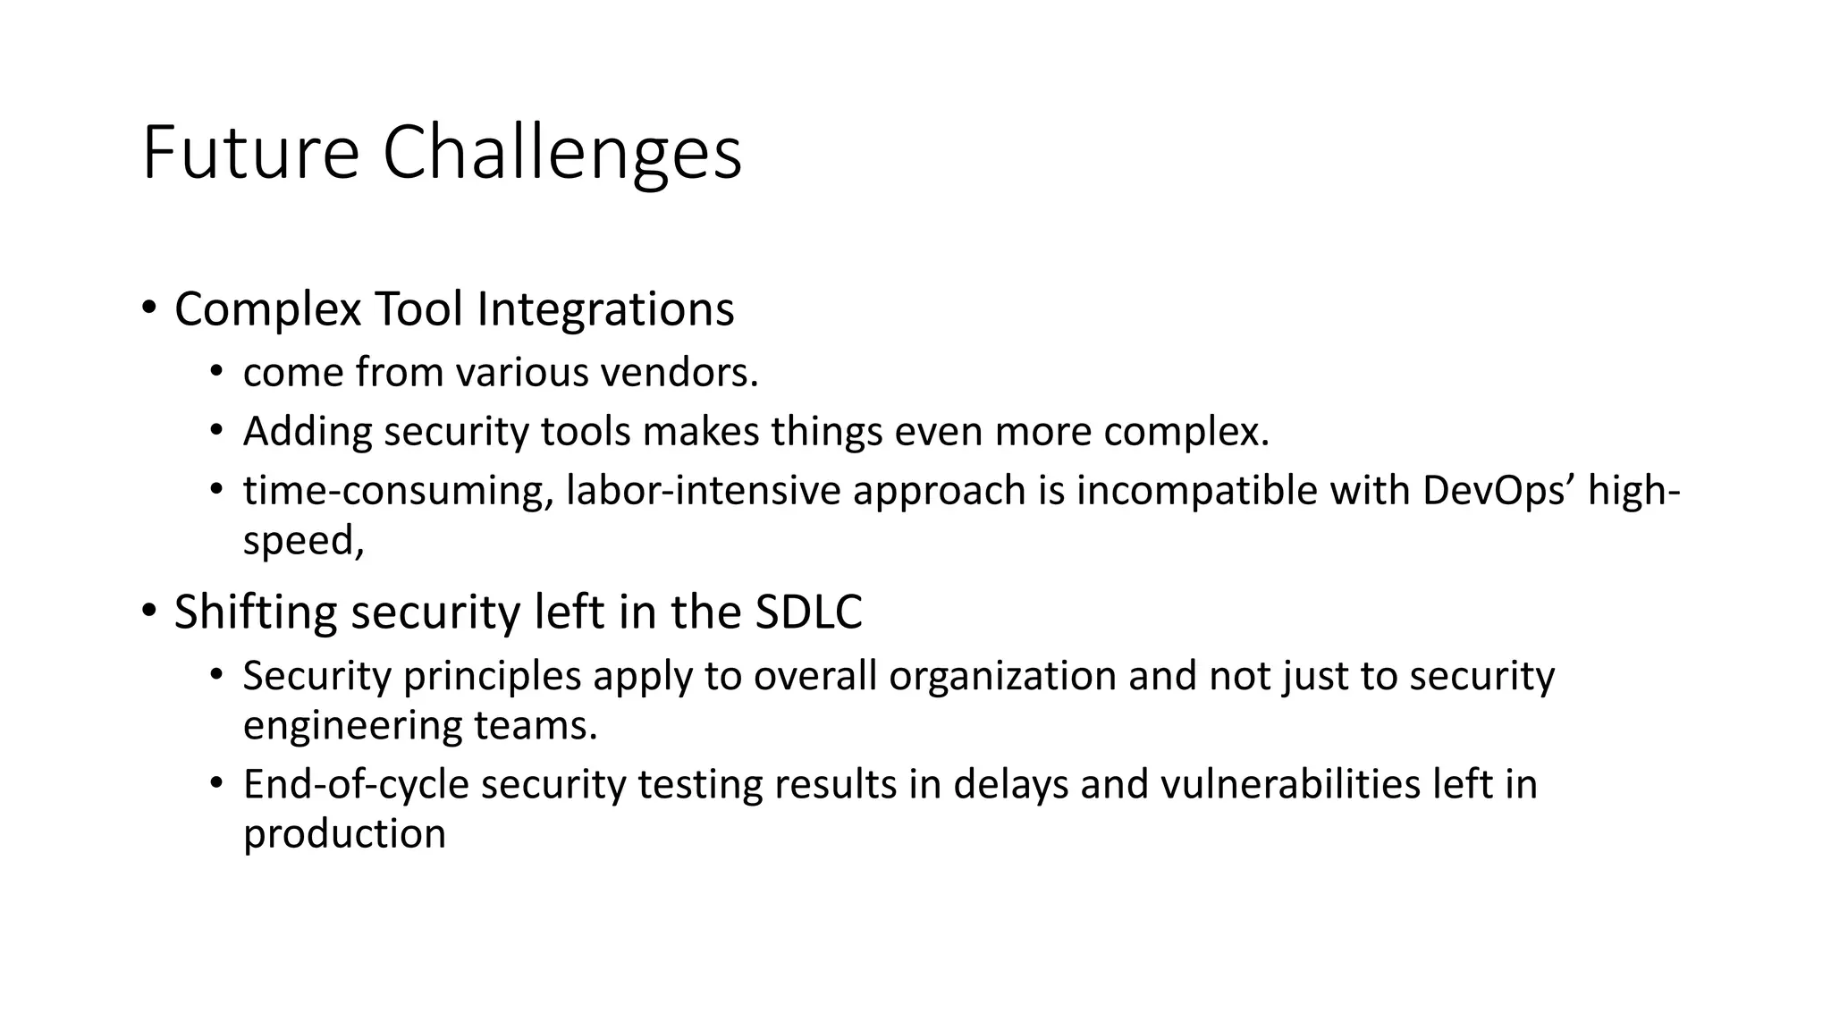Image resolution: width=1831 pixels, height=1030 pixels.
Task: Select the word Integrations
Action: pyautogui.click(x=605, y=309)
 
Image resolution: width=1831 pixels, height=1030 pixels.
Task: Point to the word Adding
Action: pyautogui.click(x=308, y=432)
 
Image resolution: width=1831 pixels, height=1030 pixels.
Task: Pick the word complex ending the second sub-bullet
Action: pyautogui.click(x=1186, y=432)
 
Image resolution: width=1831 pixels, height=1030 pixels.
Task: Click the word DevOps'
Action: pyautogui.click(x=1498, y=491)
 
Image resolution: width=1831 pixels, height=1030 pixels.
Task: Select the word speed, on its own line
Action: pyautogui.click(x=303, y=541)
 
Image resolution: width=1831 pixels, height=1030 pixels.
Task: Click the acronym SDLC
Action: pyautogui.click(x=808, y=612)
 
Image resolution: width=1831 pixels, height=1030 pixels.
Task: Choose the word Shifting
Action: pyautogui.click(x=256, y=612)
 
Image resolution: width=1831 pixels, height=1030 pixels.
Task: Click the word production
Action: pyautogui.click(x=344, y=834)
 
